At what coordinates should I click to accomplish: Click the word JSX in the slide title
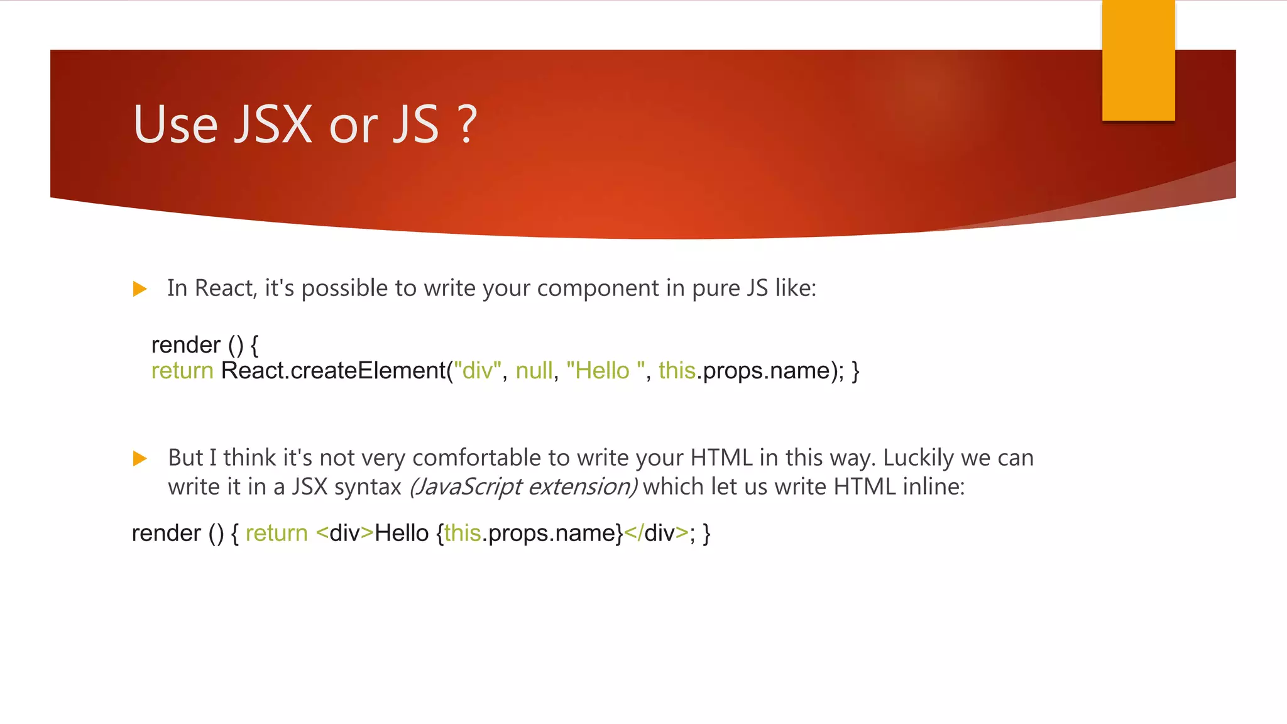(x=273, y=124)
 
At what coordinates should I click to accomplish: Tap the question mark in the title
(x=468, y=124)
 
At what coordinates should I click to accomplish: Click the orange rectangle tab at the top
(x=1138, y=60)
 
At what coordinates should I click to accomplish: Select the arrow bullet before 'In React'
(x=140, y=289)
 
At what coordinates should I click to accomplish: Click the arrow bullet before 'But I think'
(x=140, y=459)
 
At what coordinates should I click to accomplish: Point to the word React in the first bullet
(x=224, y=288)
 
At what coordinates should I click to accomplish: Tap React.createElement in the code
(x=333, y=371)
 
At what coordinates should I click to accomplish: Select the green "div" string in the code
(x=478, y=371)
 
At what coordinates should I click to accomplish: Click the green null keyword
(x=534, y=371)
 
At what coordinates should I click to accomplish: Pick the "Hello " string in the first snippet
(x=605, y=371)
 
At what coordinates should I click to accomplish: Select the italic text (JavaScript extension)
(x=523, y=487)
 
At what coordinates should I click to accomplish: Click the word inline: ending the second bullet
(x=933, y=487)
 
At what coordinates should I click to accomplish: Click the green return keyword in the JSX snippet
(x=277, y=534)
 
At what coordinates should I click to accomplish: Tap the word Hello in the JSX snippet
(x=402, y=534)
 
